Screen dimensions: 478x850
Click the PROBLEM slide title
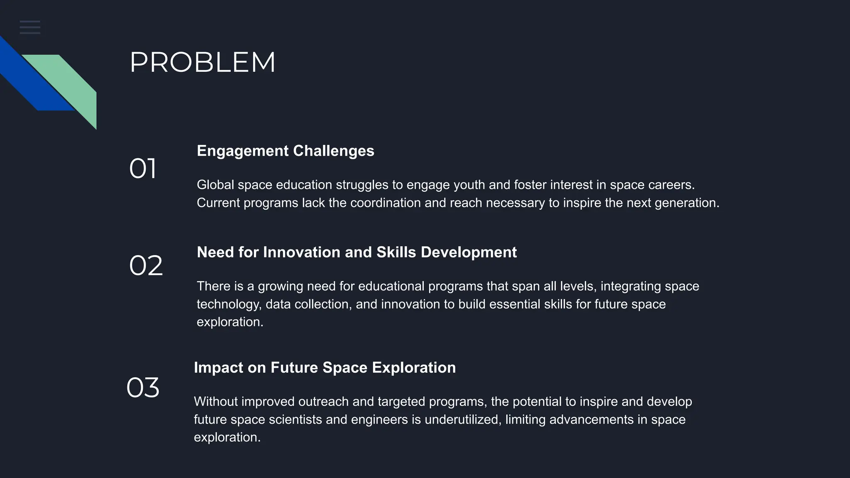coord(203,63)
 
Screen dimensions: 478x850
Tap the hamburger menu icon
coord(30,27)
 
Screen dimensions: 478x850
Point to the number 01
coord(142,169)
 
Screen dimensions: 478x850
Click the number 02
coord(146,266)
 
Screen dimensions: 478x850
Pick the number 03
coord(143,388)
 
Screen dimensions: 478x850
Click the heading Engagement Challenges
coord(285,151)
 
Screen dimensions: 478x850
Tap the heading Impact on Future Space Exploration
coord(325,368)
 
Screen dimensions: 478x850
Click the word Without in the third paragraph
coord(215,402)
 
